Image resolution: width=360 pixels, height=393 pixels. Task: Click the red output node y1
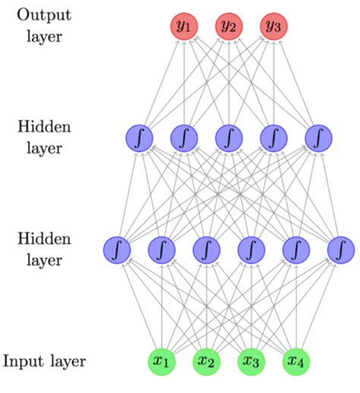[x=183, y=27]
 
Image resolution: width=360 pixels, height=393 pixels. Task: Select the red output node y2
[x=229, y=27]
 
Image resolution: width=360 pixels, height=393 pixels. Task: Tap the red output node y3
[x=273, y=27]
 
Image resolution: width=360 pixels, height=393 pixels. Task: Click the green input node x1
[x=162, y=360]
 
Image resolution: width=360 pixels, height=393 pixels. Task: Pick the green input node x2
[x=207, y=360]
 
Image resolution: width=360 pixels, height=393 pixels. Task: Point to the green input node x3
[x=251, y=360]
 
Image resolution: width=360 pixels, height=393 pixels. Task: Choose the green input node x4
[x=296, y=360]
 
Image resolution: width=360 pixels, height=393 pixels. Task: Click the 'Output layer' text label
[x=43, y=25]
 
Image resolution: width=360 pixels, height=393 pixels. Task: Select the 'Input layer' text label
[x=43, y=360]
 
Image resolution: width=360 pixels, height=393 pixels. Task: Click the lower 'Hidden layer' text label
[x=43, y=250]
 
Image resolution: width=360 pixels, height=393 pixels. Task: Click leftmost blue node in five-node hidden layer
[x=139, y=137]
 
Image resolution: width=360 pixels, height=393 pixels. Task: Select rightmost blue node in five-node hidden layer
[x=318, y=137]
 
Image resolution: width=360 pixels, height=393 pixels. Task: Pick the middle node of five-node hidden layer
[x=229, y=137]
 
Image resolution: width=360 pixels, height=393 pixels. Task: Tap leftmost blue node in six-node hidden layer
[x=117, y=249]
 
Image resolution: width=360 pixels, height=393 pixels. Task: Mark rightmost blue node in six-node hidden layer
[x=341, y=249]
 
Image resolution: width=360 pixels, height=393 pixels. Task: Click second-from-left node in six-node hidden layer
[x=162, y=249]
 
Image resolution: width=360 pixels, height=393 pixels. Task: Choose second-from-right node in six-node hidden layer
[x=296, y=249]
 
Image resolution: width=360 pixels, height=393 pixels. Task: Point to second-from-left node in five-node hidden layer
[x=184, y=137]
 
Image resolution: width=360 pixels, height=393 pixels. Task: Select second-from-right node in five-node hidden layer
[x=273, y=137]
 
